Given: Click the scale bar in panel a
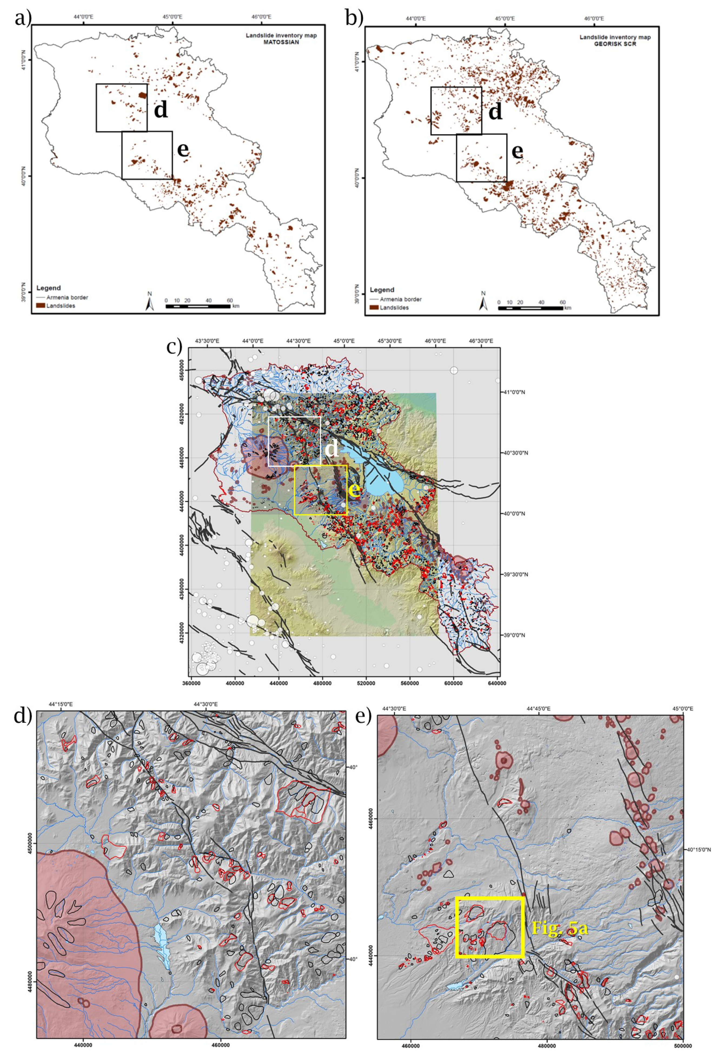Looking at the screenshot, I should tap(198, 306).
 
